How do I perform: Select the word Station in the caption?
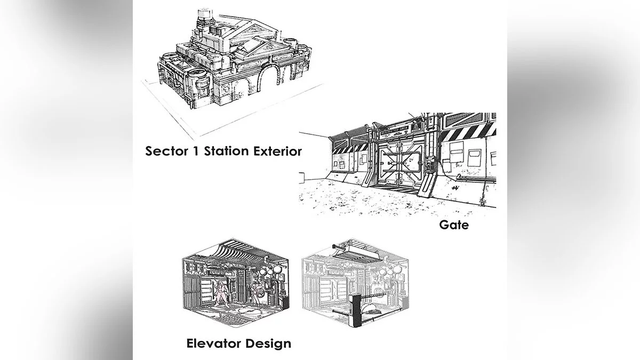pos(227,151)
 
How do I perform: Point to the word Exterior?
pos(277,151)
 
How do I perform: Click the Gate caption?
pos(454,225)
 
